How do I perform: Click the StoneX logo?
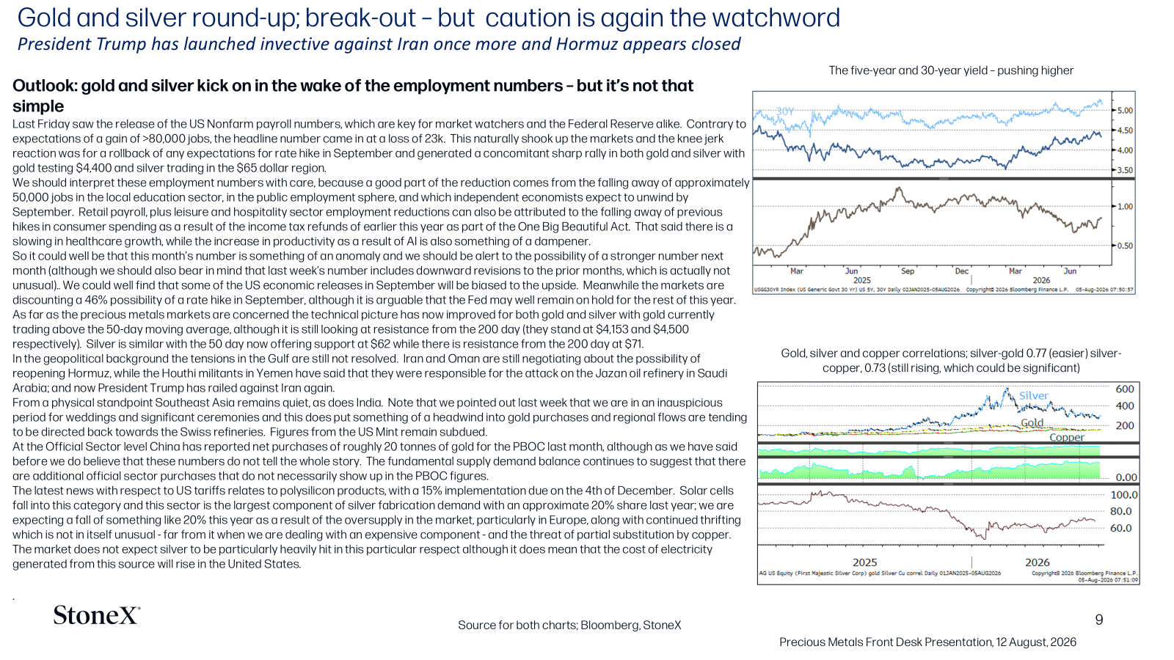(97, 615)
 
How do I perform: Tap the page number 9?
(1099, 620)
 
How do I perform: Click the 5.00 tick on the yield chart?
(1125, 111)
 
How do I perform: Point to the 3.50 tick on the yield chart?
(1125, 170)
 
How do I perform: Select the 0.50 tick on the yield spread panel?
(1125, 246)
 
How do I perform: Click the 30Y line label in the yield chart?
(784, 111)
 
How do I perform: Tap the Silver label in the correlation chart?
(1034, 395)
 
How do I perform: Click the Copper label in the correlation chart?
(1067, 437)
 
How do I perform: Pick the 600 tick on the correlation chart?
(1125, 389)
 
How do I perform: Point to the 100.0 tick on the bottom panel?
(1124, 495)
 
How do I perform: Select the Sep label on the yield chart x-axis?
(907, 271)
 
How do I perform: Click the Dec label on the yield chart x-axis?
(962, 271)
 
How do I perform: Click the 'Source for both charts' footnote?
(569, 625)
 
